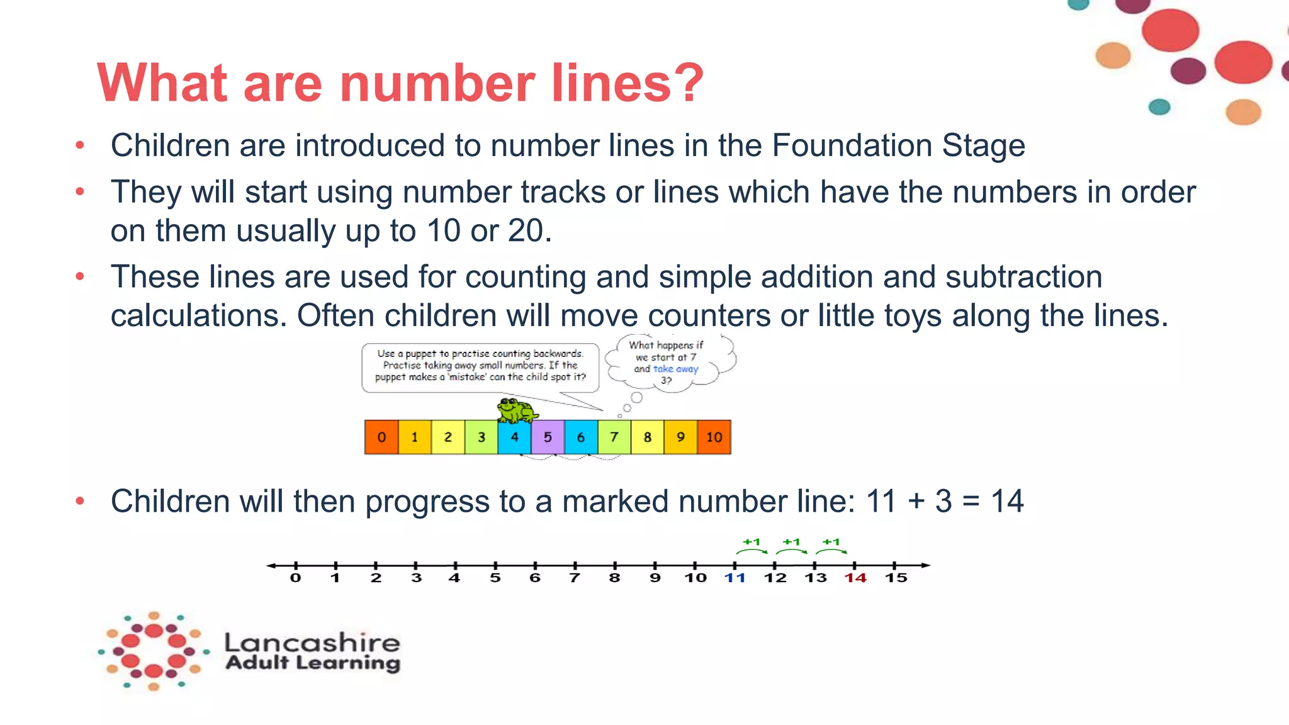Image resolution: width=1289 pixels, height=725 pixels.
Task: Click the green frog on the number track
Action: [x=516, y=410]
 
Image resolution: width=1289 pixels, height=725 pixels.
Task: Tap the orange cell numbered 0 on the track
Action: [x=381, y=437]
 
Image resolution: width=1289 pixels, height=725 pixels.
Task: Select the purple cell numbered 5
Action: [x=548, y=437]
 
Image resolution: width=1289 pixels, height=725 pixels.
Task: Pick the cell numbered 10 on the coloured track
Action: [x=714, y=437]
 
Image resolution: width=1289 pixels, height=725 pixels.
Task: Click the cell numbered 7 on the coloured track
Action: [x=614, y=437]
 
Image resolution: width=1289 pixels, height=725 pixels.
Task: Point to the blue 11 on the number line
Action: [x=735, y=578]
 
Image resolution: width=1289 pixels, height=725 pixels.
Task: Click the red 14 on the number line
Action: [x=855, y=578]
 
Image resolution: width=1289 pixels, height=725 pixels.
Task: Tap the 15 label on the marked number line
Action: [x=896, y=578]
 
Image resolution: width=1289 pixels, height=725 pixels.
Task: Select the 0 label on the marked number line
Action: [x=295, y=578]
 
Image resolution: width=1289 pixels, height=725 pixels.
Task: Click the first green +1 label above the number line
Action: [x=751, y=542]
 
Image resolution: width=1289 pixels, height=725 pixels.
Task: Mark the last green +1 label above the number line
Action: [x=831, y=542]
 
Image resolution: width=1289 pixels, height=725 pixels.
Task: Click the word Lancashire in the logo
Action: [x=312, y=643]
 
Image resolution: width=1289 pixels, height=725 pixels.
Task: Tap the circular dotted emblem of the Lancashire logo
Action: [x=154, y=651]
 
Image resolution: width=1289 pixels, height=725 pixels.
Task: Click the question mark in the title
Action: [x=688, y=83]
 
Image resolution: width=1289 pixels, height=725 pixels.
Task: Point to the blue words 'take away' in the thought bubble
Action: [x=675, y=369]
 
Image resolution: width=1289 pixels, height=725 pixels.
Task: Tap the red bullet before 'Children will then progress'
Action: [x=80, y=502]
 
